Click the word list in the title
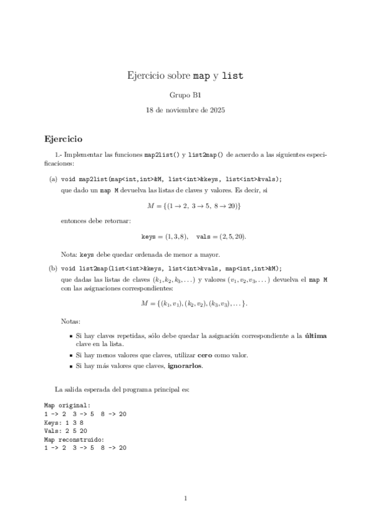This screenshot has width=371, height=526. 232,76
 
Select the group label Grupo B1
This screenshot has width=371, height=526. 185,95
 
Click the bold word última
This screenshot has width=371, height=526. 316,336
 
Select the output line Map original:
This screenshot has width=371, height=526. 67,405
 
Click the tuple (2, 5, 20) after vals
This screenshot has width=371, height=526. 237,236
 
